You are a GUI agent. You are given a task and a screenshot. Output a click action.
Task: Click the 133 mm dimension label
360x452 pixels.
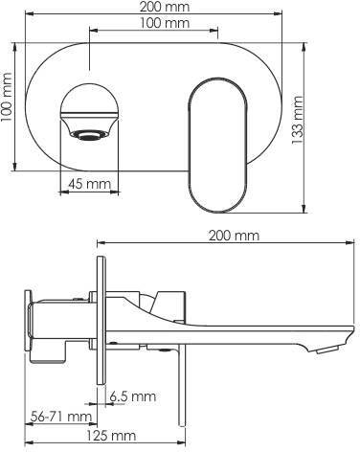[x=297, y=120]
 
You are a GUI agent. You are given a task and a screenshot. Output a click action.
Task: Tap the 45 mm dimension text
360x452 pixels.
[x=90, y=184]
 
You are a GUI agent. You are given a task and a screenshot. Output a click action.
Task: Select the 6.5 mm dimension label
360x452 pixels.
[x=133, y=396]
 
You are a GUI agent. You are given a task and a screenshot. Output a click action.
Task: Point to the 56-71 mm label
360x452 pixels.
[x=61, y=417]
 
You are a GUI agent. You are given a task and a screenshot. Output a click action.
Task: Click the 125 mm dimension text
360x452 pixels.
[x=112, y=436]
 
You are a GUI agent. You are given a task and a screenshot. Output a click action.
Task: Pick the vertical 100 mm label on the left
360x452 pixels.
[x=6, y=97]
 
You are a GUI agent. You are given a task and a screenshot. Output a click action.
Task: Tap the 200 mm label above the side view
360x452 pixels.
[x=234, y=236]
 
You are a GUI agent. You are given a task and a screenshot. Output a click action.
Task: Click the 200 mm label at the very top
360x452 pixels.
[x=165, y=7]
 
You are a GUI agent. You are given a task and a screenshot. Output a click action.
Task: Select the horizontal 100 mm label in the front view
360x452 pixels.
[x=165, y=23]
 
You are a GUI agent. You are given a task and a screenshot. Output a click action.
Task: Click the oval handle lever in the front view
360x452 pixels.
[x=217, y=145]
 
